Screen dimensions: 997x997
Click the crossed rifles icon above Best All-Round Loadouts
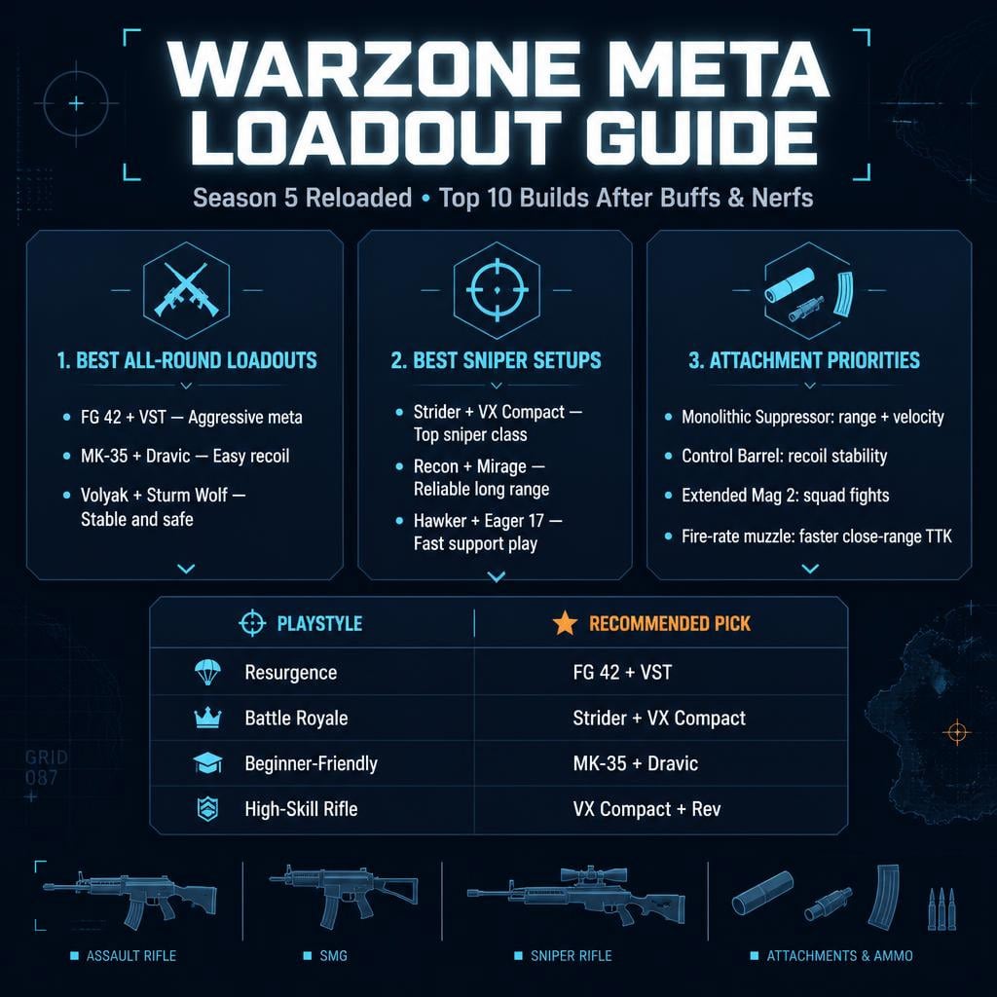click(x=186, y=290)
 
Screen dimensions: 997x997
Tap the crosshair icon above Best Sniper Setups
click(x=497, y=290)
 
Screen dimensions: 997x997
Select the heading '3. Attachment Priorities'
click(x=803, y=360)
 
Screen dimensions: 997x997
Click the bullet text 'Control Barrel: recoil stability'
click(x=784, y=456)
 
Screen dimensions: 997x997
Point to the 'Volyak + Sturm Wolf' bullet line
click(x=163, y=496)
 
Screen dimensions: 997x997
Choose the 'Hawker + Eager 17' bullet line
click(x=488, y=522)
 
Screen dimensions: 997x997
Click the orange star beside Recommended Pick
click(x=565, y=623)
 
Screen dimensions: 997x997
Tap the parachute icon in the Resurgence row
click(x=207, y=672)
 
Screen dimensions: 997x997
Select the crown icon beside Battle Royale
click(x=207, y=718)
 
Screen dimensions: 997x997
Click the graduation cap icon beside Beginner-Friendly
click(x=207, y=763)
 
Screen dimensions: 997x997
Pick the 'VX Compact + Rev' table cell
click(x=646, y=809)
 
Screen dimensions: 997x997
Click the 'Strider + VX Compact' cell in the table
click(x=659, y=718)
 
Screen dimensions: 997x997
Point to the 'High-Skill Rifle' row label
click(x=301, y=809)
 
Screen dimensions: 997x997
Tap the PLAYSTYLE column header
click(x=319, y=623)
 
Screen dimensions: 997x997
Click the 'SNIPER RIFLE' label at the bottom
click(x=571, y=956)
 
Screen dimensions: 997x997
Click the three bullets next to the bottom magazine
click(x=942, y=909)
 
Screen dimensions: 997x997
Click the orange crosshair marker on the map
click(x=957, y=732)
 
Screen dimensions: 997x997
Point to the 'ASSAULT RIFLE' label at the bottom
click(x=131, y=956)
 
